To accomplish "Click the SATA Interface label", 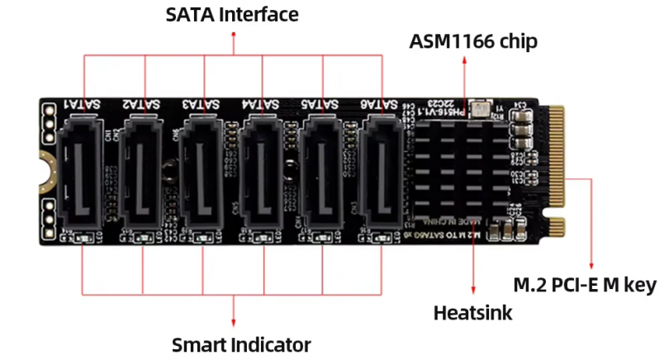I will (x=232, y=15).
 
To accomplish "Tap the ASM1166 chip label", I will (x=473, y=41).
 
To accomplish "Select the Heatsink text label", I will (x=472, y=313).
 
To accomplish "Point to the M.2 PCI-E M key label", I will (x=585, y=286).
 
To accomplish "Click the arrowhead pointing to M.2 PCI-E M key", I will (x=592, y=261).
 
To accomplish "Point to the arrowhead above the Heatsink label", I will (x=473, y=291).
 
